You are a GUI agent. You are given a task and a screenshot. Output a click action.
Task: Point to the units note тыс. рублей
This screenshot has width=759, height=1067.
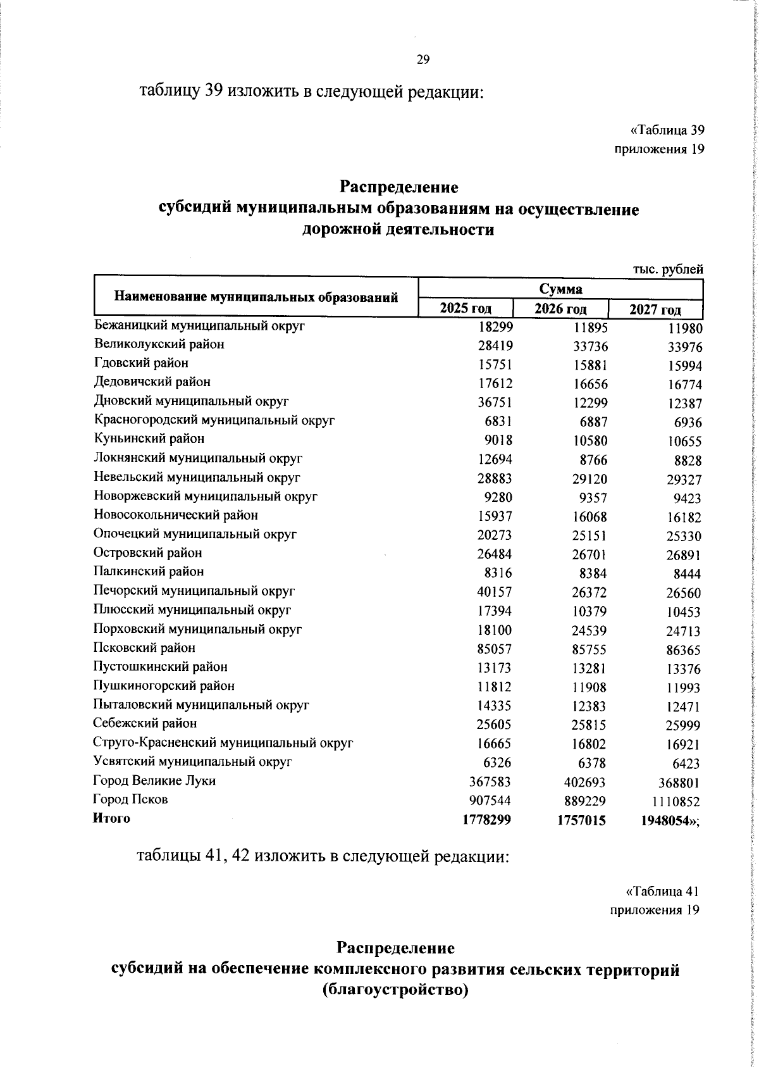[668, 270]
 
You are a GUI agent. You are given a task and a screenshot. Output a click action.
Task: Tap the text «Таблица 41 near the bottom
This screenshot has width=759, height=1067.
[662, 891]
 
